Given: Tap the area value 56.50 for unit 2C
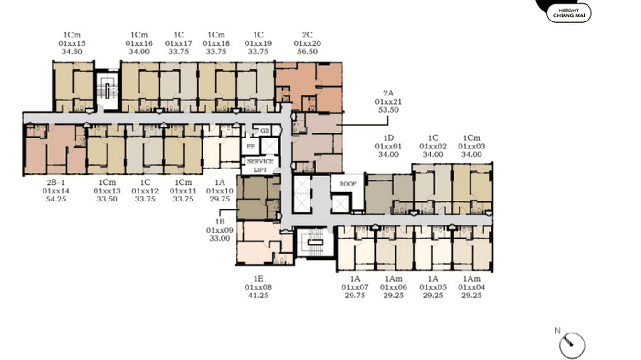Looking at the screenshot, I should coord(307,52).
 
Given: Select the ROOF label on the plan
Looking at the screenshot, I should coord(348,184).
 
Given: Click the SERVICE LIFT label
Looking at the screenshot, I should coord(260,165).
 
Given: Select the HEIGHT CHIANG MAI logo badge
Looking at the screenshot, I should coord(568,13).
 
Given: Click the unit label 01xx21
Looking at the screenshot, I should coord(388,102).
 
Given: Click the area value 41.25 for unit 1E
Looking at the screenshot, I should coord(258,296).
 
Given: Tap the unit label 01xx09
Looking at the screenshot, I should coord(220,230).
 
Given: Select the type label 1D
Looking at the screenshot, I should coord(388,138).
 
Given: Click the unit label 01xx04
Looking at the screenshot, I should coord(471,287).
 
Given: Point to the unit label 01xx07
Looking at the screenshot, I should coord(354,287).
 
